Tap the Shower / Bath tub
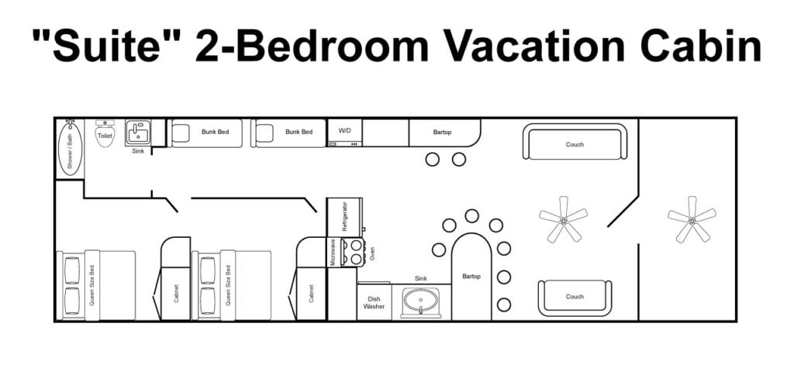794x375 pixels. pos(70,148)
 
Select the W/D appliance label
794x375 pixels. pos(344,131)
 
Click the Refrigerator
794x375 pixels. pos(344,217)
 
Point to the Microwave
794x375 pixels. pos(333,252)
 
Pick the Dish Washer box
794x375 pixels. pos(374,303)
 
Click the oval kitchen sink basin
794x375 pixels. pos(420,299)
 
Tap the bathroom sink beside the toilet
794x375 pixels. pos(138,133)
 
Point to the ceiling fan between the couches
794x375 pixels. pos(563,219)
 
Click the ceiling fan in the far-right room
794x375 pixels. pos(692,219)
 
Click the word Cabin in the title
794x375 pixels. pos(700,46)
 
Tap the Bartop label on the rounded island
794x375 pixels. pos(471,277)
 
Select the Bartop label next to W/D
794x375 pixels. pos(442,132)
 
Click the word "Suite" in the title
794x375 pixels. pos(104,46)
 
